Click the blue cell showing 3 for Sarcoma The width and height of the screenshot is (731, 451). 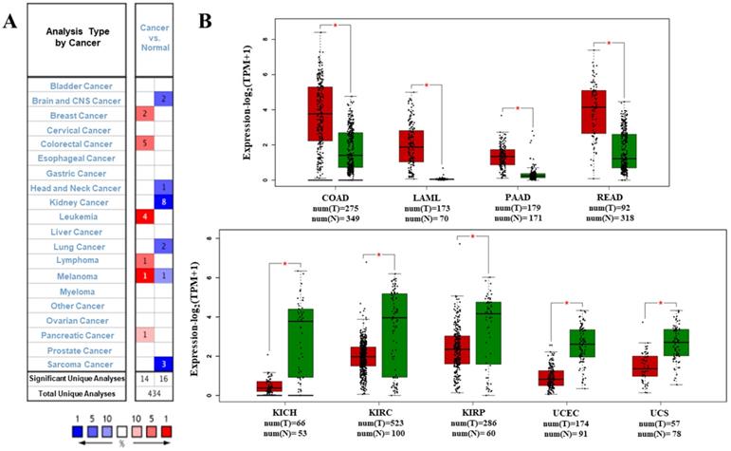(x=163, y=364)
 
